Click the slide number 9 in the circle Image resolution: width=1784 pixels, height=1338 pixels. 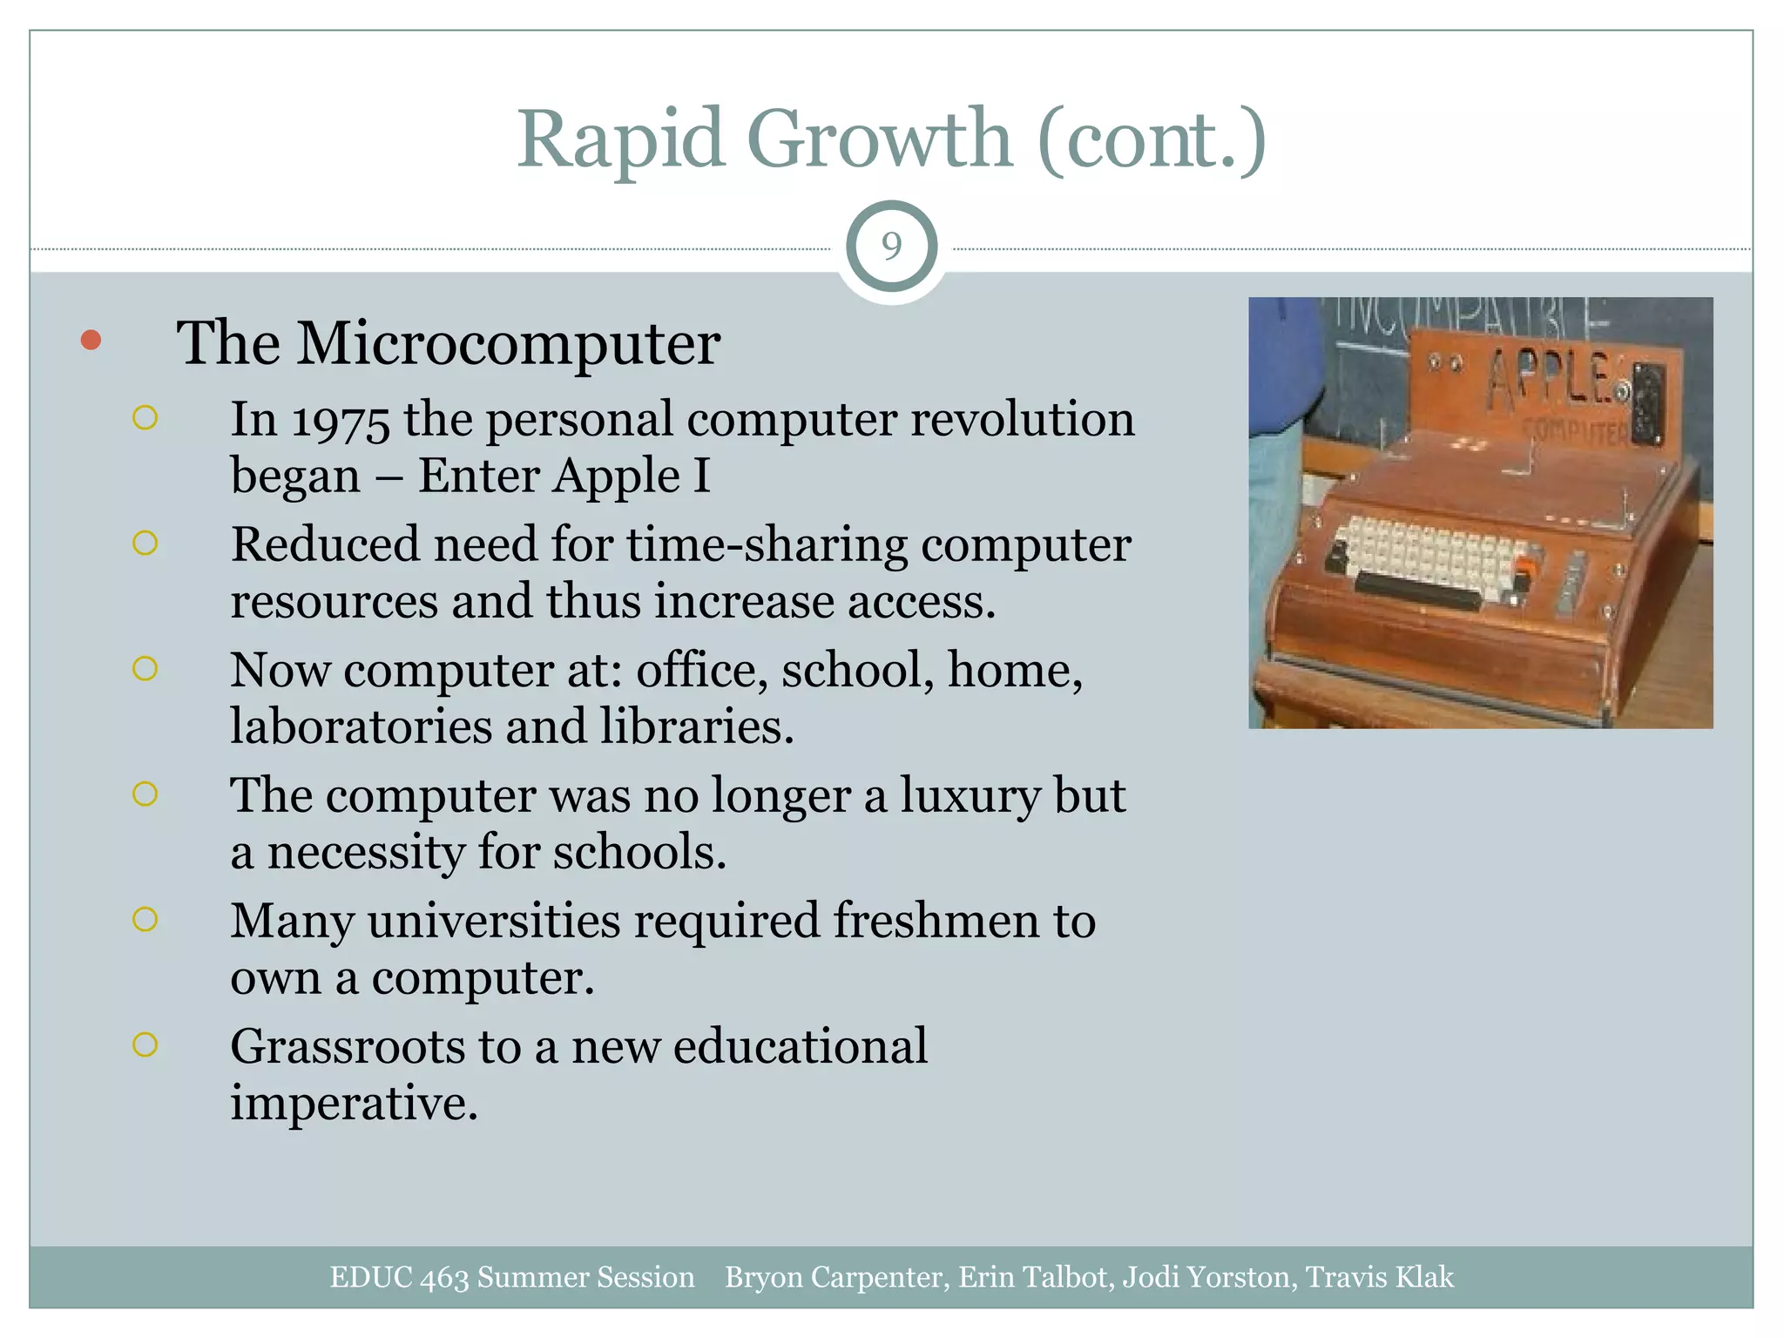[891, 247]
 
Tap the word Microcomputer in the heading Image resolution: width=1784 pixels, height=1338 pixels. [508, 343]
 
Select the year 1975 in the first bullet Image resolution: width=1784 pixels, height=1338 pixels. [341, 421]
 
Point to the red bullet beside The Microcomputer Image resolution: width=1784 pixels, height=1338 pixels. [91, 340]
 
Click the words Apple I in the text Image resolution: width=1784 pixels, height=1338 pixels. [632, 476]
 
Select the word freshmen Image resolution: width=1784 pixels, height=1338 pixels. [936, 922]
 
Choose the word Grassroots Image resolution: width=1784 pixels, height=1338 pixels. [347, 1047]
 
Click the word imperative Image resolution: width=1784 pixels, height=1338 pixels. [354, 1104]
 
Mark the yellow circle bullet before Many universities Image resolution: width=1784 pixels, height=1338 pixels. [145, 920]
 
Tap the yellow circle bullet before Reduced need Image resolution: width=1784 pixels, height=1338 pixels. [145, 544]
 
